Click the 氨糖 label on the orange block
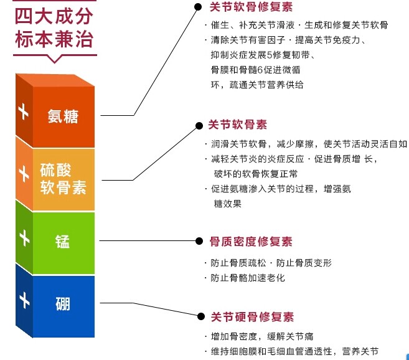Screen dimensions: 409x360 tap(63, 116)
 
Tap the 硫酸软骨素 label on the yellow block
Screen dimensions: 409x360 tap(63, 179)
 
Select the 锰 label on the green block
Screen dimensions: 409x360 tap(63, 241)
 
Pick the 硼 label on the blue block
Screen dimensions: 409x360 tap(63, 304)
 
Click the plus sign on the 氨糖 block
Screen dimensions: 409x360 tap(24, 111)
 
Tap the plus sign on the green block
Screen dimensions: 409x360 tap(24, 238)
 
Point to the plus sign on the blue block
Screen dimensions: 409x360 tap(24, 300)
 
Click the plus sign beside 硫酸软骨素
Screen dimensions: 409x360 tap(24, 174)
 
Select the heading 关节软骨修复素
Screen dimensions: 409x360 tap(252, 7)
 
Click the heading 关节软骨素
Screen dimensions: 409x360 tap(238, 125)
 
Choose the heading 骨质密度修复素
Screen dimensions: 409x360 tap(251, 242)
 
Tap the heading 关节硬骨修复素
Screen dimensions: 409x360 tap(252, 317)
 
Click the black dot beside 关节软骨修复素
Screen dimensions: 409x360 tap(198, 7)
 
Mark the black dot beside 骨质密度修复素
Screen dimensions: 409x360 tap(199, 241)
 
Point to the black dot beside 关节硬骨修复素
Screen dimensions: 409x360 tap(201, 316)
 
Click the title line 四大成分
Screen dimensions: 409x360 tap(54, 16)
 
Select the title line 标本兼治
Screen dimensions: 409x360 tap(54, 39)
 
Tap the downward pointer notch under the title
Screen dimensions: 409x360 tap(54, 60)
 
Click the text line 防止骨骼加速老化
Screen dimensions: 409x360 tap(248, 278)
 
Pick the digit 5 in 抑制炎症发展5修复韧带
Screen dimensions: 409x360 tap(270, 55)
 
